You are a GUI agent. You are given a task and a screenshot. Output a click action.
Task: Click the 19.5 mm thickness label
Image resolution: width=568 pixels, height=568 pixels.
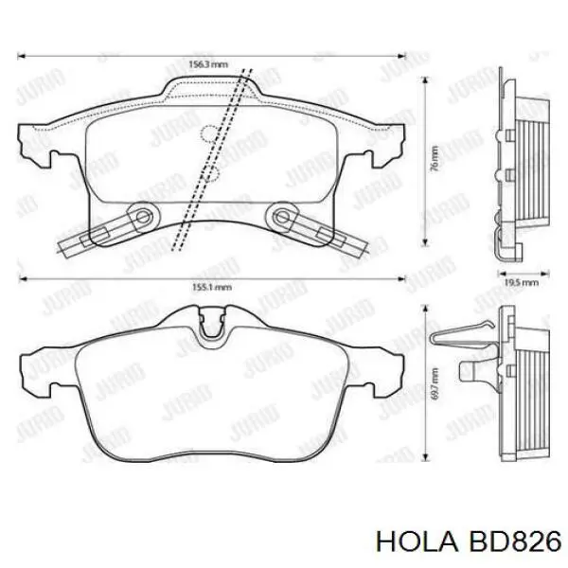[520, 282]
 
